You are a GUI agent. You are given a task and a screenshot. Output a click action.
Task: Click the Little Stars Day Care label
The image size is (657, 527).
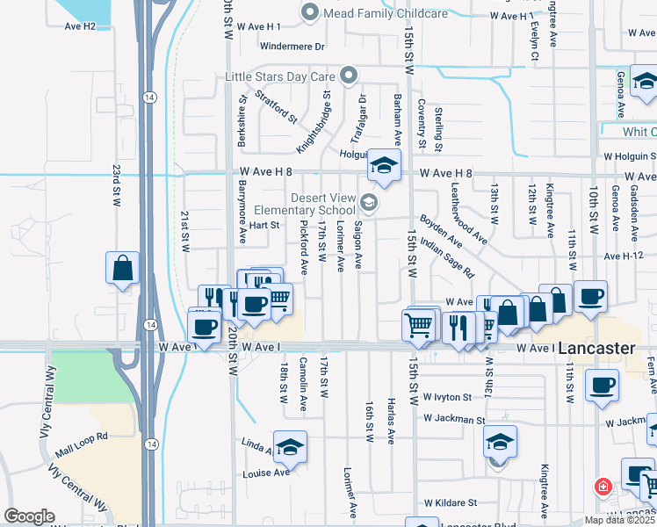281,76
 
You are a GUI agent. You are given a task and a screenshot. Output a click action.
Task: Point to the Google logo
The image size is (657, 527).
29,516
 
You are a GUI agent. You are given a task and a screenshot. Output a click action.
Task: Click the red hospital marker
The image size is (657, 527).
603,486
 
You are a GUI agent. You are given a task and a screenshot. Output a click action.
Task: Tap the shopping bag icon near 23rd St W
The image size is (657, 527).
122,268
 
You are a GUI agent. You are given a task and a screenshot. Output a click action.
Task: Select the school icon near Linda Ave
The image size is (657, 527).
289,447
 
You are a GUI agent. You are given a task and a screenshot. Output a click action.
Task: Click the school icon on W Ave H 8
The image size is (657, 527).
383,165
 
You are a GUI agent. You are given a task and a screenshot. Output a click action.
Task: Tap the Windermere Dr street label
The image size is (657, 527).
293,46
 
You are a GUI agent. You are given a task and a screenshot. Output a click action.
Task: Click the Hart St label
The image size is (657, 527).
264,226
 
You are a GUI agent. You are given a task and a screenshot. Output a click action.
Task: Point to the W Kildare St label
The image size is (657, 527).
450,504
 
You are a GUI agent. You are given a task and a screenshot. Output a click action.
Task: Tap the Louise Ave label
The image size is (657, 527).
268,473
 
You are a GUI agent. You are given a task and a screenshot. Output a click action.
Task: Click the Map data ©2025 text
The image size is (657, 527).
618,520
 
